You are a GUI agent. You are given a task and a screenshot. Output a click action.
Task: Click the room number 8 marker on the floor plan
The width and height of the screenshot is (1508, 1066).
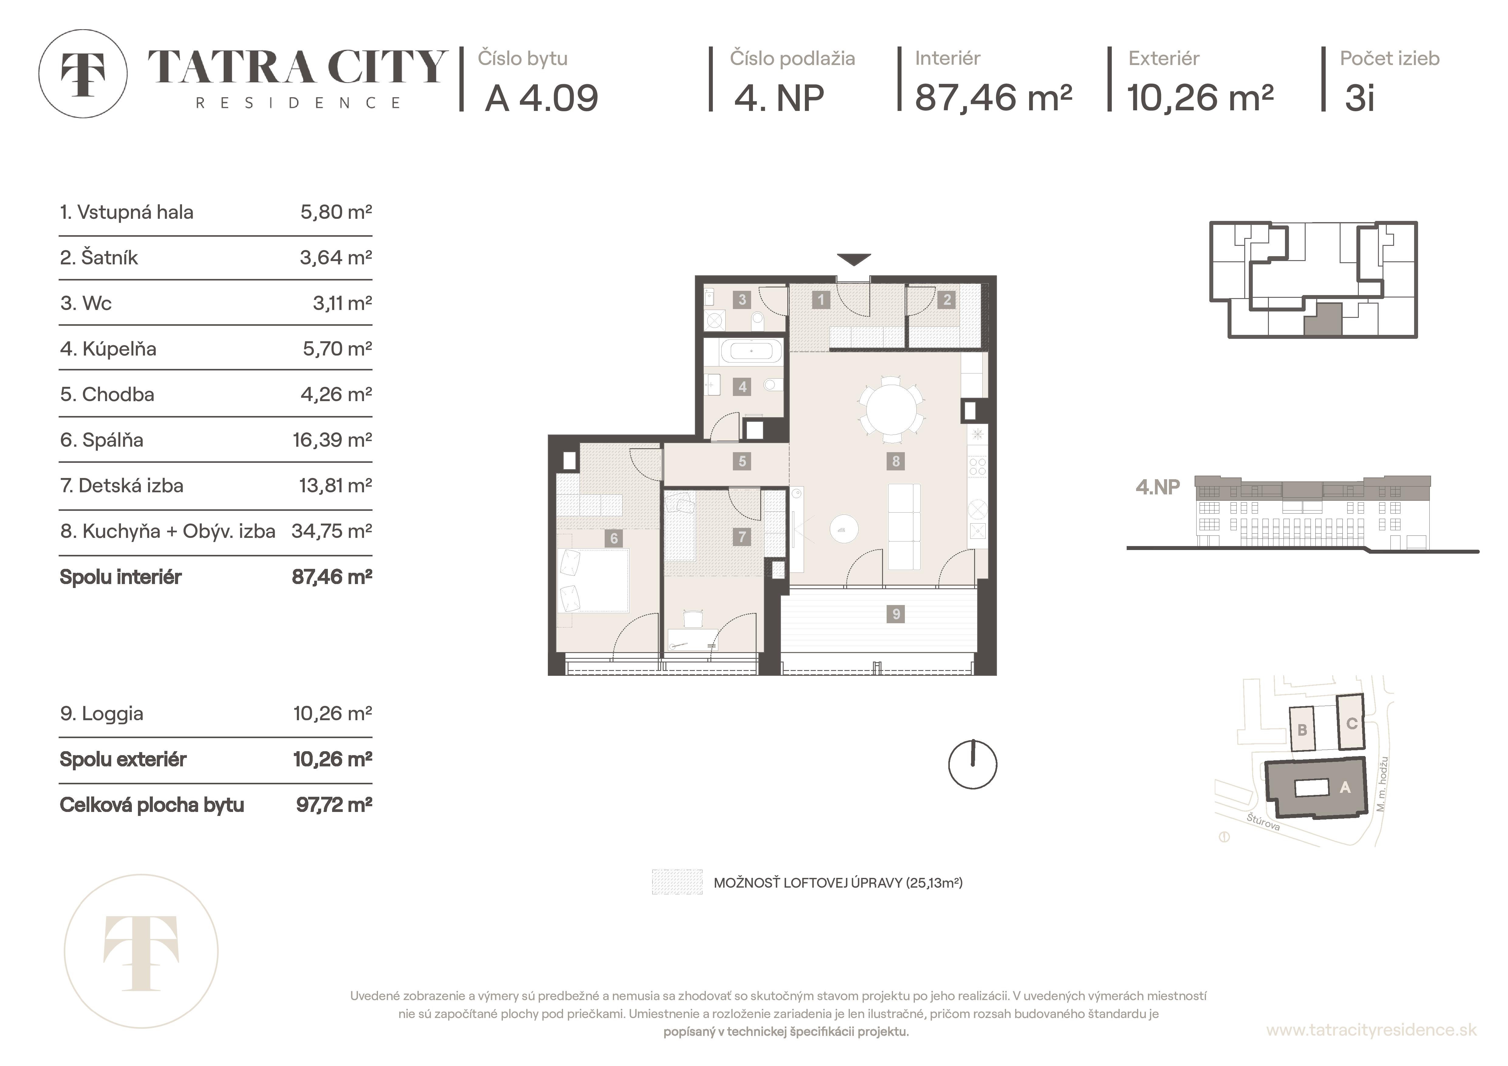896,461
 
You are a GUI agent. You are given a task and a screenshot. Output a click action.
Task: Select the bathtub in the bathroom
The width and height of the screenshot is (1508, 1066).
751,352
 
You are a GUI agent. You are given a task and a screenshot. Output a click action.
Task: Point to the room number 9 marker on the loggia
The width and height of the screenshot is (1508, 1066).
896,614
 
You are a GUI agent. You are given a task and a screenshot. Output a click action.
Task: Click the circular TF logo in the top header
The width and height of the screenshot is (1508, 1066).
83,74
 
